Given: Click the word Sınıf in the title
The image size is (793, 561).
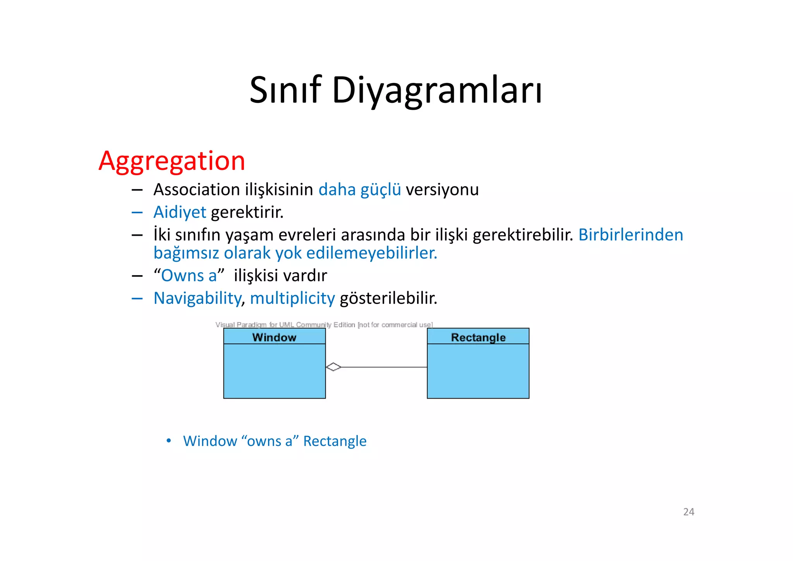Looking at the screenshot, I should [x=285, y=90].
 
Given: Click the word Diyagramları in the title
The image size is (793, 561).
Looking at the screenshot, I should [x=437, y=90].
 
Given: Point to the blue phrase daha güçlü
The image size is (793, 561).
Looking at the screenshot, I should [x=359, y=190].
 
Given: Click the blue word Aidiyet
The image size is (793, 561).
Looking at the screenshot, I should [x=180, y=212].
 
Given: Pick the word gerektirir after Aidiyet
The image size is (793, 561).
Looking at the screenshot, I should [x=247, y=212].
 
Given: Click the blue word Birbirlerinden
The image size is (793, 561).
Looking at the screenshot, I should [x=630, y=235].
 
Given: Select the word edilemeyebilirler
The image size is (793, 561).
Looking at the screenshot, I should [x=372, y=253].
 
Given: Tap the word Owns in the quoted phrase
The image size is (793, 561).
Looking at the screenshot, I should [x=182, y=276].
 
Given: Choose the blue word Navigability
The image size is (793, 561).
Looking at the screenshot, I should [x=197, y=298].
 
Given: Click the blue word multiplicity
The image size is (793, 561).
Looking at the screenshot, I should [x=292, y=298].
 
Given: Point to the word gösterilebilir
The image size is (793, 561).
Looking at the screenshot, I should [x=388, y=298].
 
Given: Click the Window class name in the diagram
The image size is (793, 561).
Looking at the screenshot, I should [x=274, y=337].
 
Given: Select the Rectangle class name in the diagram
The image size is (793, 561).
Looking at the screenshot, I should [x=478, y=337].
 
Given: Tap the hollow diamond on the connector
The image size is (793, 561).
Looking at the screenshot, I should [x=333, y=367].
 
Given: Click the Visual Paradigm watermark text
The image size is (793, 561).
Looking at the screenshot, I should [x=324, y=325].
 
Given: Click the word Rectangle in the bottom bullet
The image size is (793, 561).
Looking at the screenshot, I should [x=335, y=441].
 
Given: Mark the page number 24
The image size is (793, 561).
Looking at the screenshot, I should [x=688, y=512].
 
